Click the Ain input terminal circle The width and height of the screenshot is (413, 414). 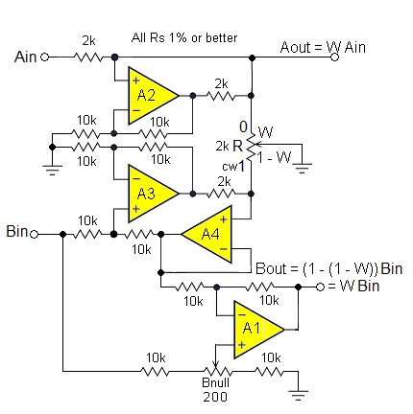coord(45,57)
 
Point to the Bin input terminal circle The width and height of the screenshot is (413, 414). coord(34,235)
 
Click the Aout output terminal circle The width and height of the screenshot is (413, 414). coord(334,57)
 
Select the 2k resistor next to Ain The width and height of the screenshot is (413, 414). coord(88,57)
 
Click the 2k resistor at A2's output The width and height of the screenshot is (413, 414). coord(221,96)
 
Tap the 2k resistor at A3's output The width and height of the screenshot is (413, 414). coord(222,194)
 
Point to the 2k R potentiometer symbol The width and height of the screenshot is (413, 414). coord(253,145)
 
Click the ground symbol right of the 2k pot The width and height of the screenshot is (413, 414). coord(303,168)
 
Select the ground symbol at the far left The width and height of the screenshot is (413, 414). coord(52,170)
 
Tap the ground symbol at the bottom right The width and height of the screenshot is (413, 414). coord(298,395)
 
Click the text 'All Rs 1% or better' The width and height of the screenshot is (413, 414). coord(184,37)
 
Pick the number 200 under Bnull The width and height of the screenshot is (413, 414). coord(215,397)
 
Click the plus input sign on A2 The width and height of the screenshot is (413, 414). coord(135,80)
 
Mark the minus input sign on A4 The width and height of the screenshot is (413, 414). coord(224,249)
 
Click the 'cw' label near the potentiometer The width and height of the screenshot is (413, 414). coord(230,167)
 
